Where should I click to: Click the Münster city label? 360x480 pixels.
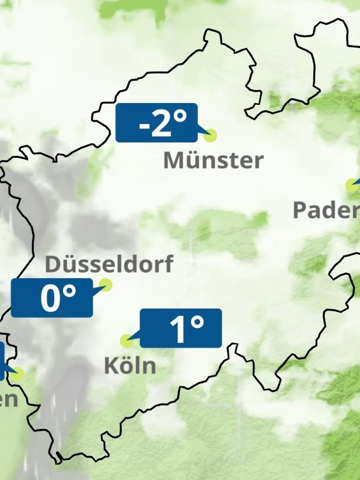(x=213, y=160)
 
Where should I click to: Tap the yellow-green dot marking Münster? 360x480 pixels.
(x=210, y=135)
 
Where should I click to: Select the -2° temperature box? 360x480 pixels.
(x=156, y=122)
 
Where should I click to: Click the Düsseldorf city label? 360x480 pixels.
(x=109, y=264)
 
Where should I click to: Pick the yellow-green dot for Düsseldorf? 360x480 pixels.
(x=106, y=284)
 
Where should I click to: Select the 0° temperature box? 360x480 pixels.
(x=52, y=298)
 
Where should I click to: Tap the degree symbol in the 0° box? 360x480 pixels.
(x=70, y=291)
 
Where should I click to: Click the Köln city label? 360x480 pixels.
(x=130, y=366)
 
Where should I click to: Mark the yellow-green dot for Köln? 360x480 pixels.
(x=127, y=341)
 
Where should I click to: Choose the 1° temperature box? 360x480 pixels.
(x=181, y=328)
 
